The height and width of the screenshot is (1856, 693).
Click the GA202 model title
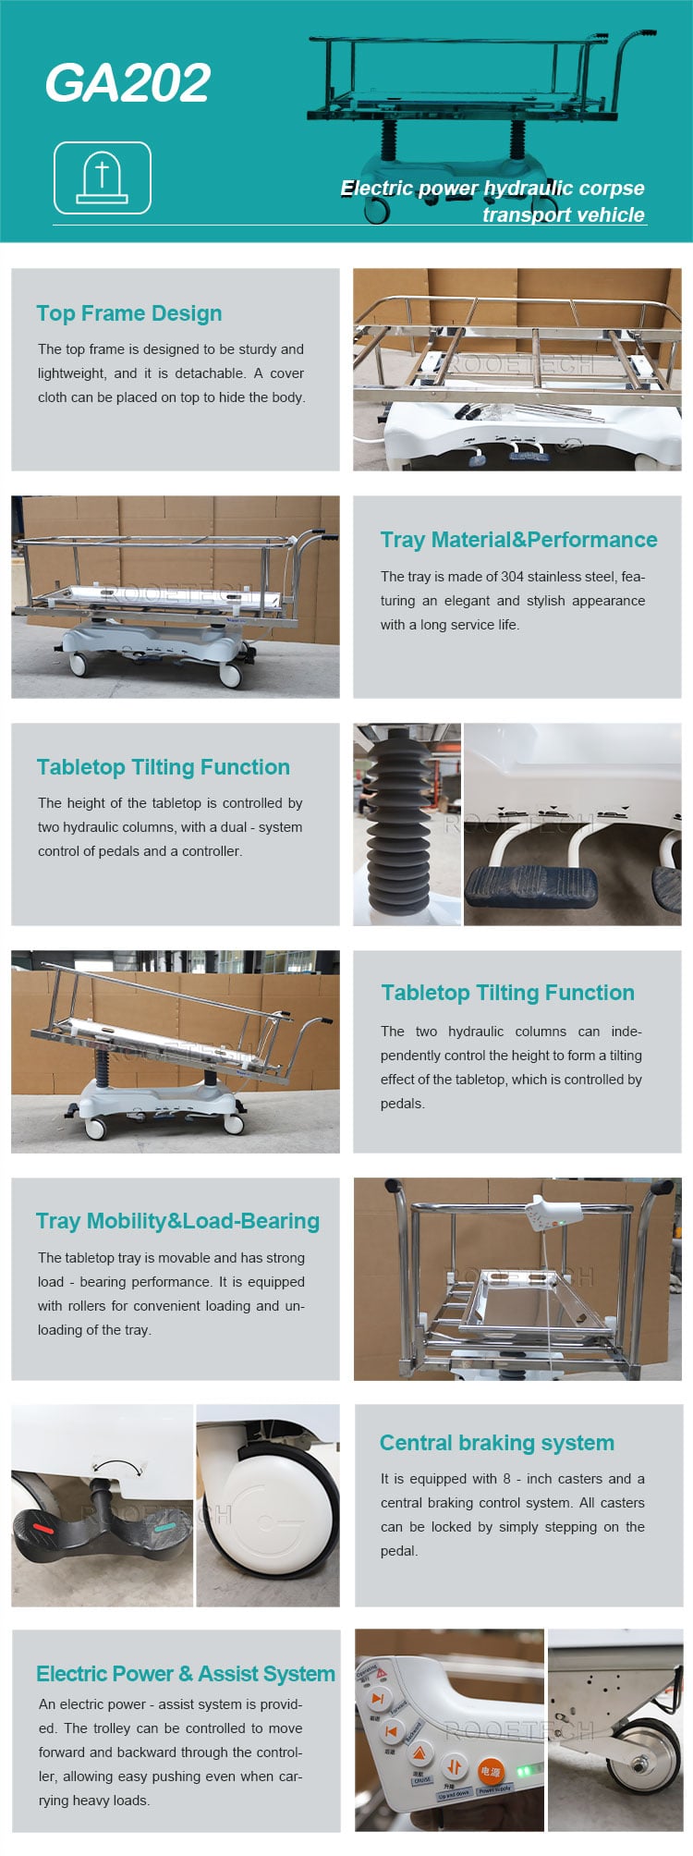(128, 83)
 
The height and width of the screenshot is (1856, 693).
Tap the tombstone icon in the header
(102, 177)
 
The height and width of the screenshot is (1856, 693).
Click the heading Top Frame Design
(128, 313)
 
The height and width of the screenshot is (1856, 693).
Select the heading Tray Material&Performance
(518, 540)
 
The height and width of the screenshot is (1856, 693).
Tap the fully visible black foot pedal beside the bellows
(530, 887)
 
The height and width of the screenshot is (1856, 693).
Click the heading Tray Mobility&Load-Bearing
(177, 1221)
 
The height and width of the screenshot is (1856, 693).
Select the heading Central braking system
(496, 1443)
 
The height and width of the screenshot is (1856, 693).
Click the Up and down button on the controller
(454, 1766)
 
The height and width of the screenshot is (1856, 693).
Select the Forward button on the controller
(377, 1699)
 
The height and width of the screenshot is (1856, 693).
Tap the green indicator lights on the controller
(524, 1770)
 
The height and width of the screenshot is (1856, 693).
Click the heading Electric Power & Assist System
(185, 1674)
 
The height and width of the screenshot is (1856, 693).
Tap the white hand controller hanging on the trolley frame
(553, 1211)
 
